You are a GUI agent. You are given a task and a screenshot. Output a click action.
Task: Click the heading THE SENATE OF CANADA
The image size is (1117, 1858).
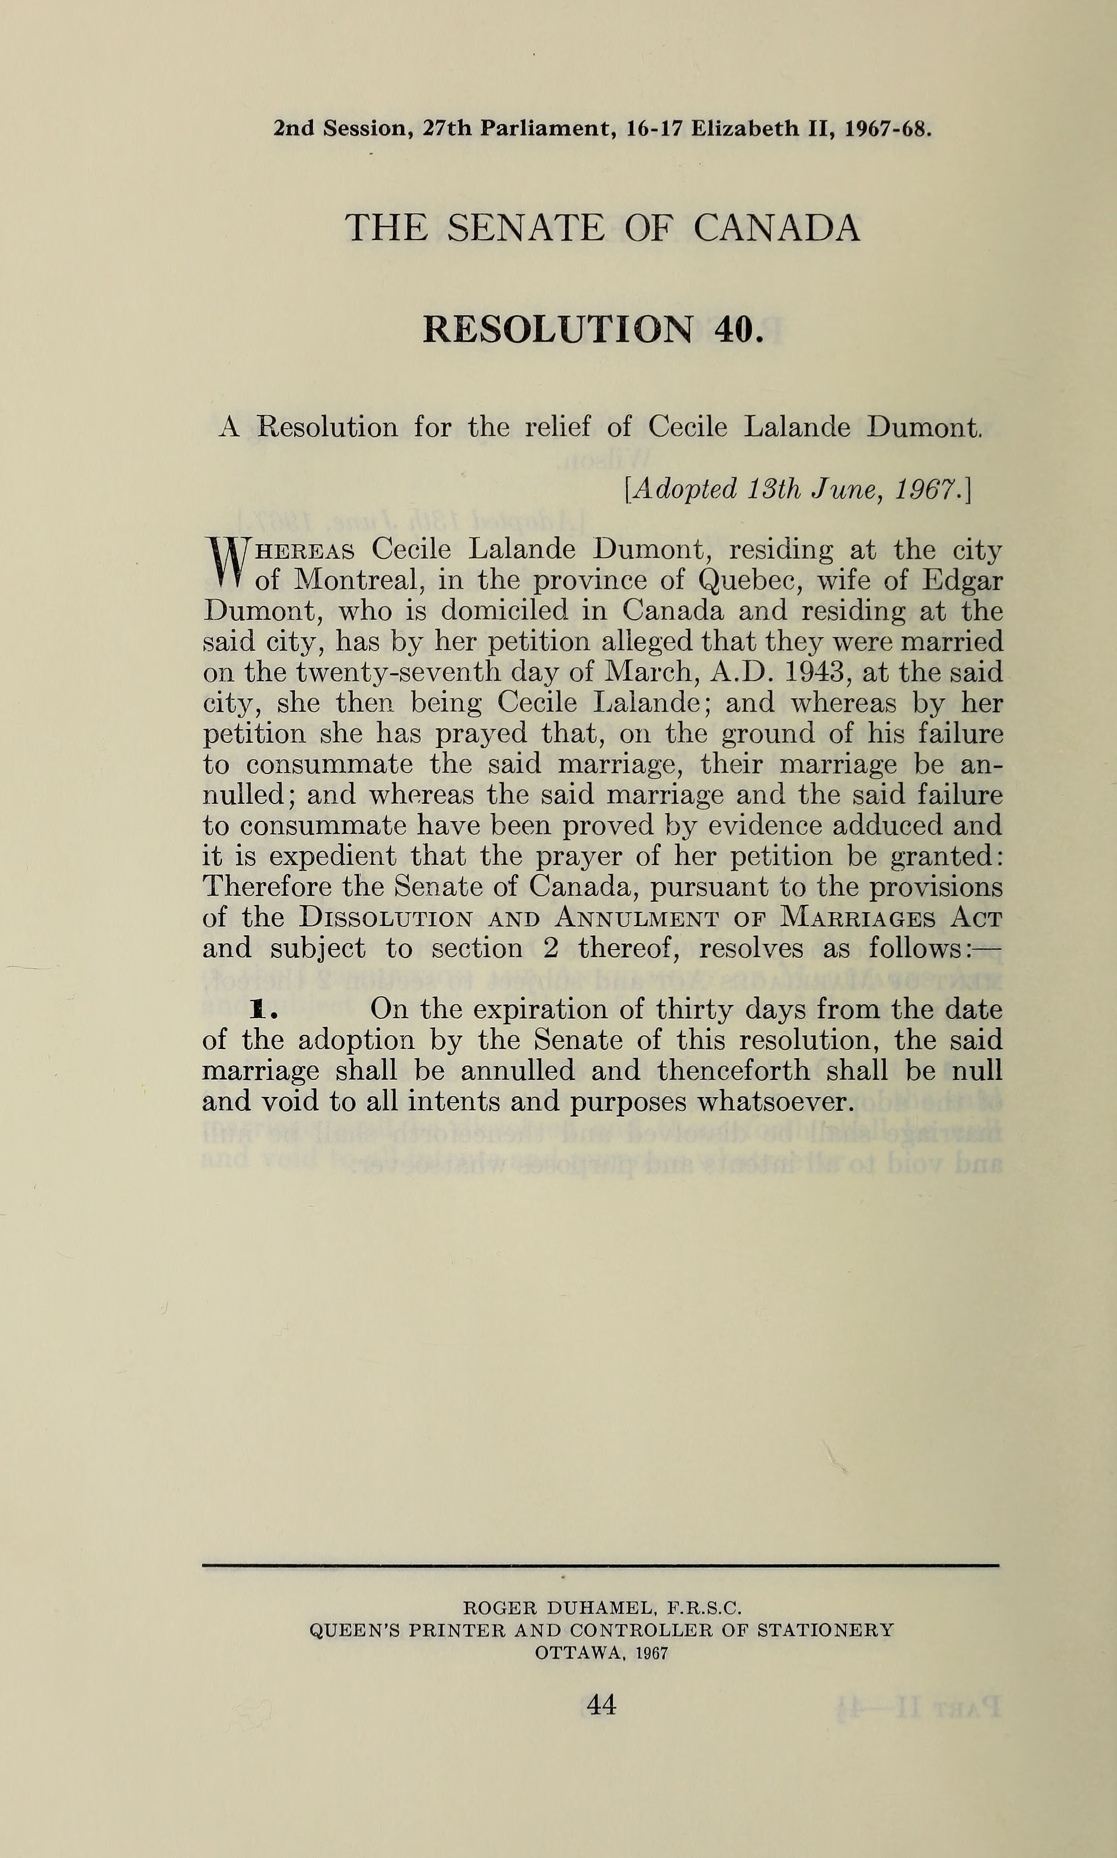click(x=602, y=228)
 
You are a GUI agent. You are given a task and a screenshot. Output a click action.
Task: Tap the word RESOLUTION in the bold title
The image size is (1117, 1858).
click(x=557, y=330)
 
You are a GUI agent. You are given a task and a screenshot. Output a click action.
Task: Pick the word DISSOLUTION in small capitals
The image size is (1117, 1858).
click(x=385, y=919)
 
